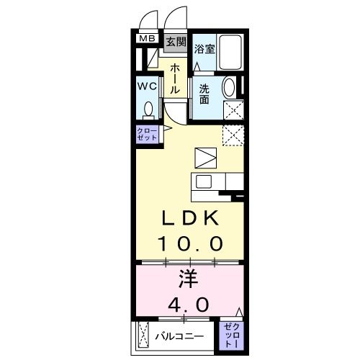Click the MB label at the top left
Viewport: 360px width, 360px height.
point(147,39)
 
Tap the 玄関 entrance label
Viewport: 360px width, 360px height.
point(176,41)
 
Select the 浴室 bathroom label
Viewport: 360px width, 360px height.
point(204,49)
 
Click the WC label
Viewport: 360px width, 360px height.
point(148,86)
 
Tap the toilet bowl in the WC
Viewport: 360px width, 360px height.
point(149,109)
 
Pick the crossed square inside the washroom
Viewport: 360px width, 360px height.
point(233,110)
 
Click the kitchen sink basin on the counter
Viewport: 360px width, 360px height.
point(203,181)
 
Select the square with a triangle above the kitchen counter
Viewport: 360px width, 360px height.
point(205,158)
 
